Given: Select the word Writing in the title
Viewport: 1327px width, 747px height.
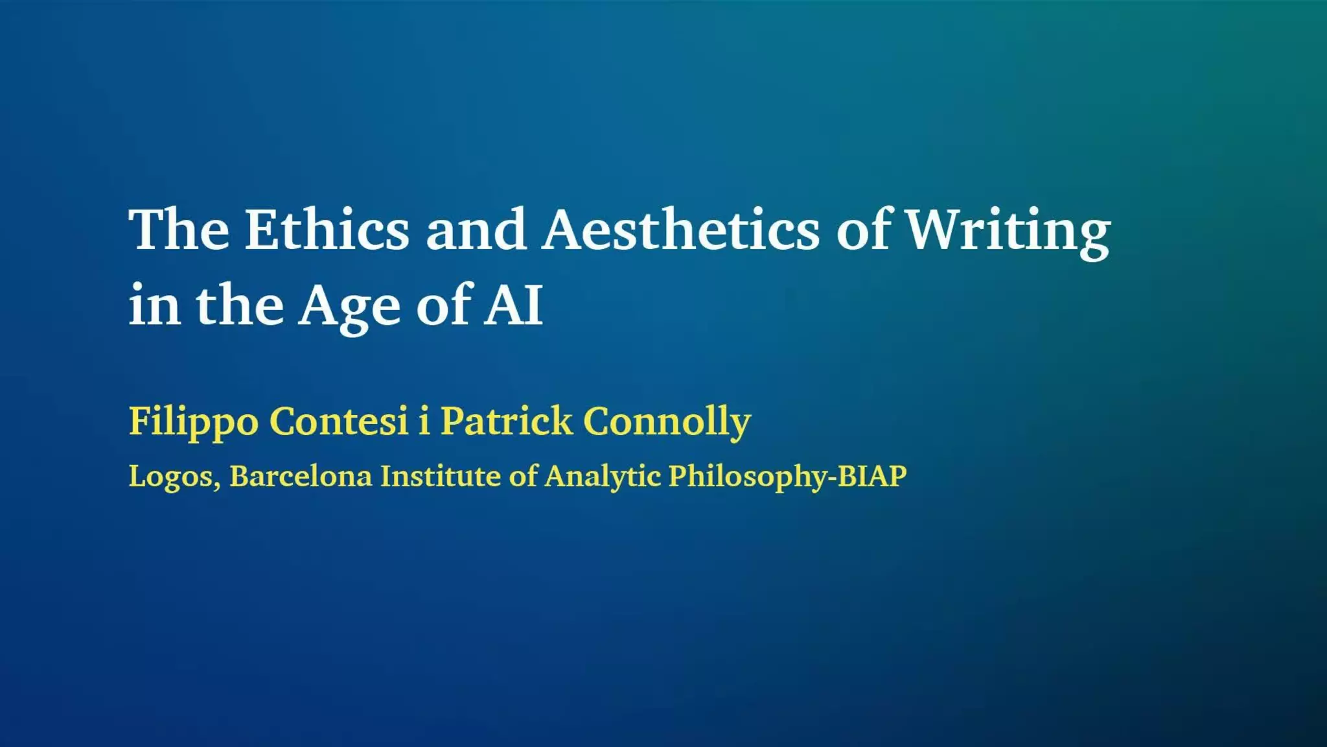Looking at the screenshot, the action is point(1008,232).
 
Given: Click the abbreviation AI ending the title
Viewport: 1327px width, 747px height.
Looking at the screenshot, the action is point(513,304).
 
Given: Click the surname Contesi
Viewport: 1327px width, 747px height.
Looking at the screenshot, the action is point(339,421).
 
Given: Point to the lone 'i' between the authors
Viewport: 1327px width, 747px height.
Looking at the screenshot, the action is point(424,420).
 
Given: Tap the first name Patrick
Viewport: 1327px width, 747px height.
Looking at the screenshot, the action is point(507,420).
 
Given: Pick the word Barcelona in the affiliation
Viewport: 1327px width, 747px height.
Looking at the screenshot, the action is point(301,476).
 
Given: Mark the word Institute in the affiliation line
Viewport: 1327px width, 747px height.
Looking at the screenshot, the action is point(440,476).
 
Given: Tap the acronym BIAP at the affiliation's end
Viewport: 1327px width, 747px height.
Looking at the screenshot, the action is point(872,476).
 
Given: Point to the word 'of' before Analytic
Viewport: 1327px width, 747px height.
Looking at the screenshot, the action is point(522,475).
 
